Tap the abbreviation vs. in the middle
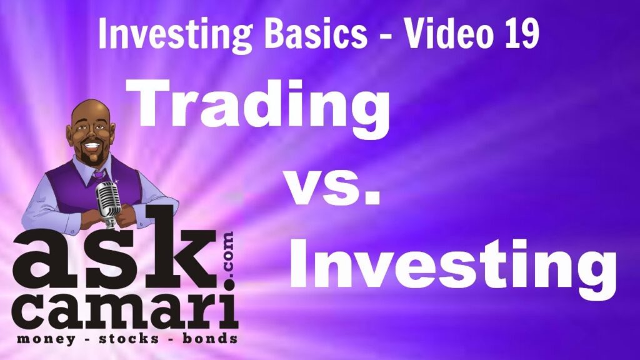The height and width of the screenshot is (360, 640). tap(332, 186)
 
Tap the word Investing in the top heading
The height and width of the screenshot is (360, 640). tap(176, 36)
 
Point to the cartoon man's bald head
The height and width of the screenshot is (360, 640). tap(91, 112)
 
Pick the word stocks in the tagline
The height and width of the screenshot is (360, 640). tap(129, 338)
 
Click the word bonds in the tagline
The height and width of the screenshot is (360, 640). tap(210, 338)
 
